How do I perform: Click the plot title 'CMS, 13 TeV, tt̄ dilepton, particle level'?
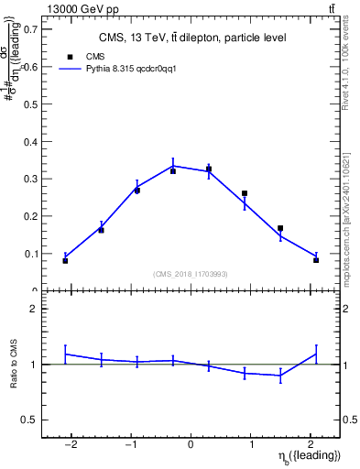tap(191, 38)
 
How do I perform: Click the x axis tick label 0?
tap(191, 444)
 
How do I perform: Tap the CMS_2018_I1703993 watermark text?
tap(191, 274)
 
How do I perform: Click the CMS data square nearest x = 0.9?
tap(245, 194)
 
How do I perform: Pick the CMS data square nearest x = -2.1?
tap(65, 261)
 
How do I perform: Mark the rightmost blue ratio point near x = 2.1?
tap(316, 354)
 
